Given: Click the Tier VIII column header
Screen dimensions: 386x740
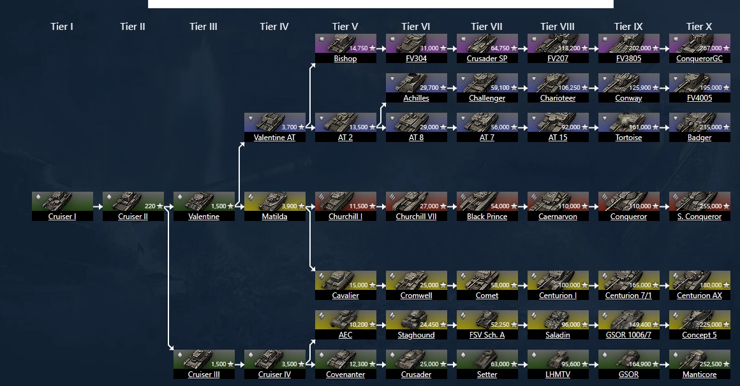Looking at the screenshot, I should click(558, 27).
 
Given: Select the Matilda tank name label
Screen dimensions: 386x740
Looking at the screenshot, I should click(274, 217).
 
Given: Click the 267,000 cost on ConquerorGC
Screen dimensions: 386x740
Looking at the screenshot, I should click(711, 48).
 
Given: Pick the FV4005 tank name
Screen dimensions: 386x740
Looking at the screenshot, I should click(699, 98).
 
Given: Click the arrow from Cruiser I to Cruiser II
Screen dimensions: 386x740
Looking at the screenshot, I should click(98, 206).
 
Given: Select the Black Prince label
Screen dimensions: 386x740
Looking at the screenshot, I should click(487, 217).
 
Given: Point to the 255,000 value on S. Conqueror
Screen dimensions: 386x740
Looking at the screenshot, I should click(711, 206).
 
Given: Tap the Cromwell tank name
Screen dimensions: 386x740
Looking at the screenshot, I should click(416, 296).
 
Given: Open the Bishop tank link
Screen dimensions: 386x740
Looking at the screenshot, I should click(345, 59).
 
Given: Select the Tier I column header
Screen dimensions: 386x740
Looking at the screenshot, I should click(62, 27).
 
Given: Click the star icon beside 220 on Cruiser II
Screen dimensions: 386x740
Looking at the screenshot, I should click(160, 206).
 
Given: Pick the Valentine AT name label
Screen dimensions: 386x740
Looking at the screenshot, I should click(274, 138).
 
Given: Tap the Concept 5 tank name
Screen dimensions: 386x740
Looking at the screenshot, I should click(699, 335).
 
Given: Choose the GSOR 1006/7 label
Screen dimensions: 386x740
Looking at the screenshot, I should click(628, 335).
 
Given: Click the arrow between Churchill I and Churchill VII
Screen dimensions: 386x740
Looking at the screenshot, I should click(381, 206).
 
